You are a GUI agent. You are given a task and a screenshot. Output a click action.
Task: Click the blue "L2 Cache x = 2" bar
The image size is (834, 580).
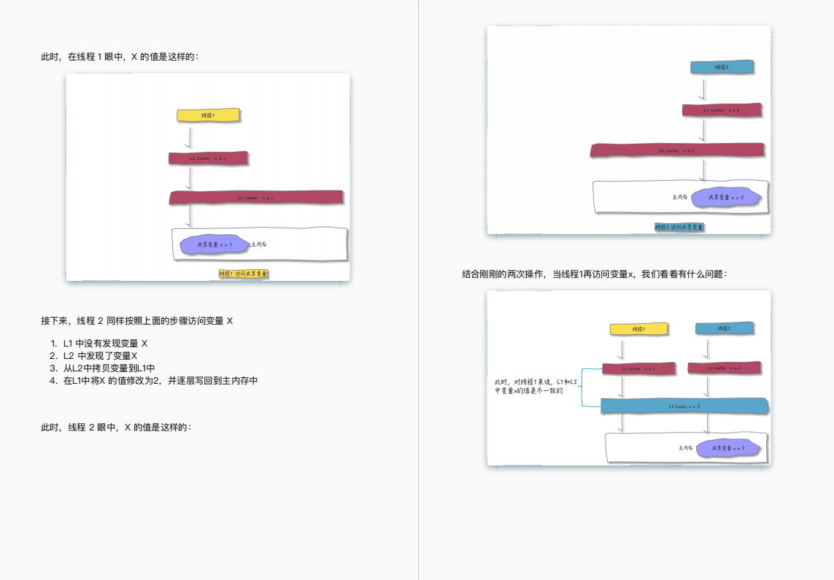684,406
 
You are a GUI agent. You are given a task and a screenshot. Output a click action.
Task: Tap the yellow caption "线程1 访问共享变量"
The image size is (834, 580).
244,274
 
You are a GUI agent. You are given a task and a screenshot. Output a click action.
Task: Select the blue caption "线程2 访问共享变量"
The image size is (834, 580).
679,228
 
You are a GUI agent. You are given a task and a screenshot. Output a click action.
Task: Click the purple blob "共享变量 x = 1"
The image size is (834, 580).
215,245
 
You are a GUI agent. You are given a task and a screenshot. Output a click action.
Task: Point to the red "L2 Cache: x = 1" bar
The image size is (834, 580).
256,198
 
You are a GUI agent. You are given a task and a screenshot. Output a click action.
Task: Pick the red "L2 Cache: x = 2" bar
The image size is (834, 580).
677,150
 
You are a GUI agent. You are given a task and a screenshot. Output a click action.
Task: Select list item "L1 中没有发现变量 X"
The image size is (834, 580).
105,343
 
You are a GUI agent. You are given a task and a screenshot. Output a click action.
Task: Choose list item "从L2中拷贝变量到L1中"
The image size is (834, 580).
109,368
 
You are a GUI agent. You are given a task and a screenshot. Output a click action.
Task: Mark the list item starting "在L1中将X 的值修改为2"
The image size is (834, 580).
161,380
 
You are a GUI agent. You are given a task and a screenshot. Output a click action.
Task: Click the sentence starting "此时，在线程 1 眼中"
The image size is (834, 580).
120,57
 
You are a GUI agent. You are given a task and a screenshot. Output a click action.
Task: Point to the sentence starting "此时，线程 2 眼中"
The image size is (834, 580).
117,428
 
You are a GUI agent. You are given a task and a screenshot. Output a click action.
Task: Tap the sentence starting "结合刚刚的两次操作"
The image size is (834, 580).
595,274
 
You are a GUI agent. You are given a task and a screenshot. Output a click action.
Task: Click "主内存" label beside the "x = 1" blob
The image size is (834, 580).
259,244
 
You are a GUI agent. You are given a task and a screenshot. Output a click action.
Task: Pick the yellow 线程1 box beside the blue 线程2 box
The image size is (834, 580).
638,329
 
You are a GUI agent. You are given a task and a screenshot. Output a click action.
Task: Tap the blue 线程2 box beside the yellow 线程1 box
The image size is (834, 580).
724,329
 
